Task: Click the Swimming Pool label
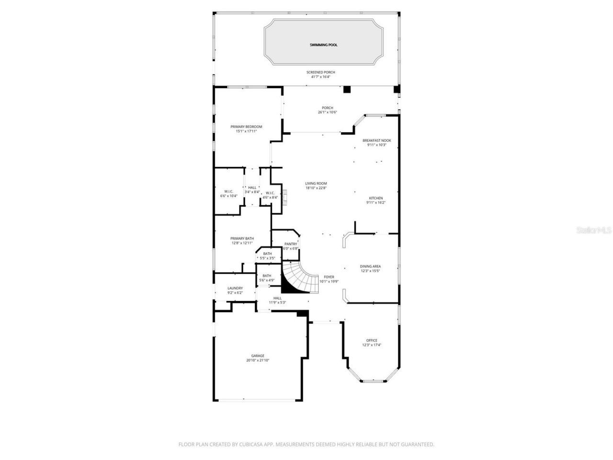[x=323, y=45]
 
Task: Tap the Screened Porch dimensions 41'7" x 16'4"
[x=321, y=77]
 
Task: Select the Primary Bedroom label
[x=246, y=126]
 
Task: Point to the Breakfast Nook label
[x=376, y=140]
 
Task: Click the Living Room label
[x=316, y=184]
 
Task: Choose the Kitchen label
[x=375, y=198]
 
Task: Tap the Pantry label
[x=291, y=244]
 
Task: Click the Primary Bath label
[x=242, y=238]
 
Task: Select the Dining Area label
[x=370, y=266]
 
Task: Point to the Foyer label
[x=329, y=277]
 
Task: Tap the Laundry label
[x=235, y=288]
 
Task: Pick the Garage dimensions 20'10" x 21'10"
[x=258, y=360]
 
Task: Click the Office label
[x=372, y=341]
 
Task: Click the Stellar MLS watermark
[x=594, y=230]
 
